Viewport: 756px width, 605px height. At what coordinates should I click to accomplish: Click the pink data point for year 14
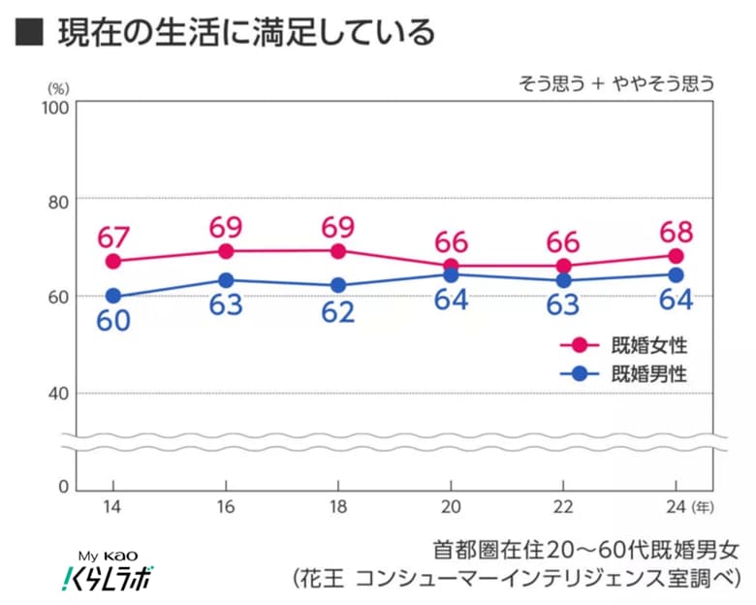click(113, 261)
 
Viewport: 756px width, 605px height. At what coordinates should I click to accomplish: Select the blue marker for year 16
click(226, 280)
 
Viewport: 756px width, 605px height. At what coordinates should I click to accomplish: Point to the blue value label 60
click(114, 321)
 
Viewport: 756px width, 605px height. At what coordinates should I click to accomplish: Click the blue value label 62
click(338, 313)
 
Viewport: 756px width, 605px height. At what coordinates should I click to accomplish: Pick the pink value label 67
click(114, 236)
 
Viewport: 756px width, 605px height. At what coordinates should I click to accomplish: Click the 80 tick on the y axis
click(57, 202)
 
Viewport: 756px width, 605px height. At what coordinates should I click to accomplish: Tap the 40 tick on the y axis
click(57, 393)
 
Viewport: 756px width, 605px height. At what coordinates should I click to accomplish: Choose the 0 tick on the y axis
click(62, 486)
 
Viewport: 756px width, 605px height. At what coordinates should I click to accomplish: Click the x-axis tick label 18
click(338, 508)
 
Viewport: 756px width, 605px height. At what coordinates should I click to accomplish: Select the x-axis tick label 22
click(563, 508)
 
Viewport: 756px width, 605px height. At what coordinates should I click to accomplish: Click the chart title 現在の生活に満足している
click(246, 33)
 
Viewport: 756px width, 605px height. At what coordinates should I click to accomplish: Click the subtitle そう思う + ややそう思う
click(615, 83)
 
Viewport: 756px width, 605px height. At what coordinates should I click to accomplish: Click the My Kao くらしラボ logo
click(103, 571)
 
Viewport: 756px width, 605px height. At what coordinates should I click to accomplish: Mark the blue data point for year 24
click(676, 274)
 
